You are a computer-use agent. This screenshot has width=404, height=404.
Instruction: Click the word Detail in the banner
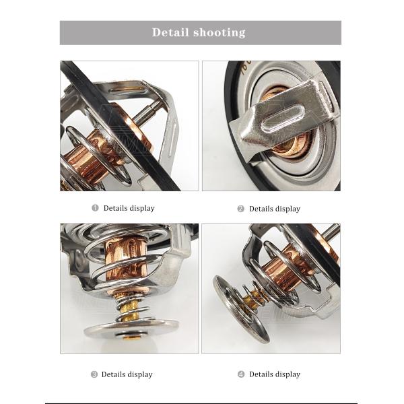point(170,32)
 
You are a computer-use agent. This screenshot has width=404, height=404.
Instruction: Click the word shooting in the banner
point(220,33)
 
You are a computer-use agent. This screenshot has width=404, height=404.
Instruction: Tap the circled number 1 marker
point(95,207)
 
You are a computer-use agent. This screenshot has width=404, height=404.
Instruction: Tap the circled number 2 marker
point(240,209)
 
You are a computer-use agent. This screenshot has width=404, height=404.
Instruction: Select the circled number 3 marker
point(94,374)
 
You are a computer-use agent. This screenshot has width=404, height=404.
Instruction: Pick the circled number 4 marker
point(241,374)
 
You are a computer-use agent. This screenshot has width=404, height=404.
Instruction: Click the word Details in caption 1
point(115,208)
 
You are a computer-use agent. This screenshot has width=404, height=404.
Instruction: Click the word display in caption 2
point(288,209)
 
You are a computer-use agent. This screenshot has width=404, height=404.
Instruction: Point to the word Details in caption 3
point(113,374)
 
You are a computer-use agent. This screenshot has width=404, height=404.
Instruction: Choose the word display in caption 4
point(288,374)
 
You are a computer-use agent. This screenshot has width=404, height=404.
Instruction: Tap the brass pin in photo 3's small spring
point(130,310)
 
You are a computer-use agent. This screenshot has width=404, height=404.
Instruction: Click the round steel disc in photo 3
point(131,330)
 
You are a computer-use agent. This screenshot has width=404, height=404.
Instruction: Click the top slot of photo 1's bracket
point(127,90)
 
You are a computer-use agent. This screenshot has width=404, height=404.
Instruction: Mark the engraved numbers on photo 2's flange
point(245,67)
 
